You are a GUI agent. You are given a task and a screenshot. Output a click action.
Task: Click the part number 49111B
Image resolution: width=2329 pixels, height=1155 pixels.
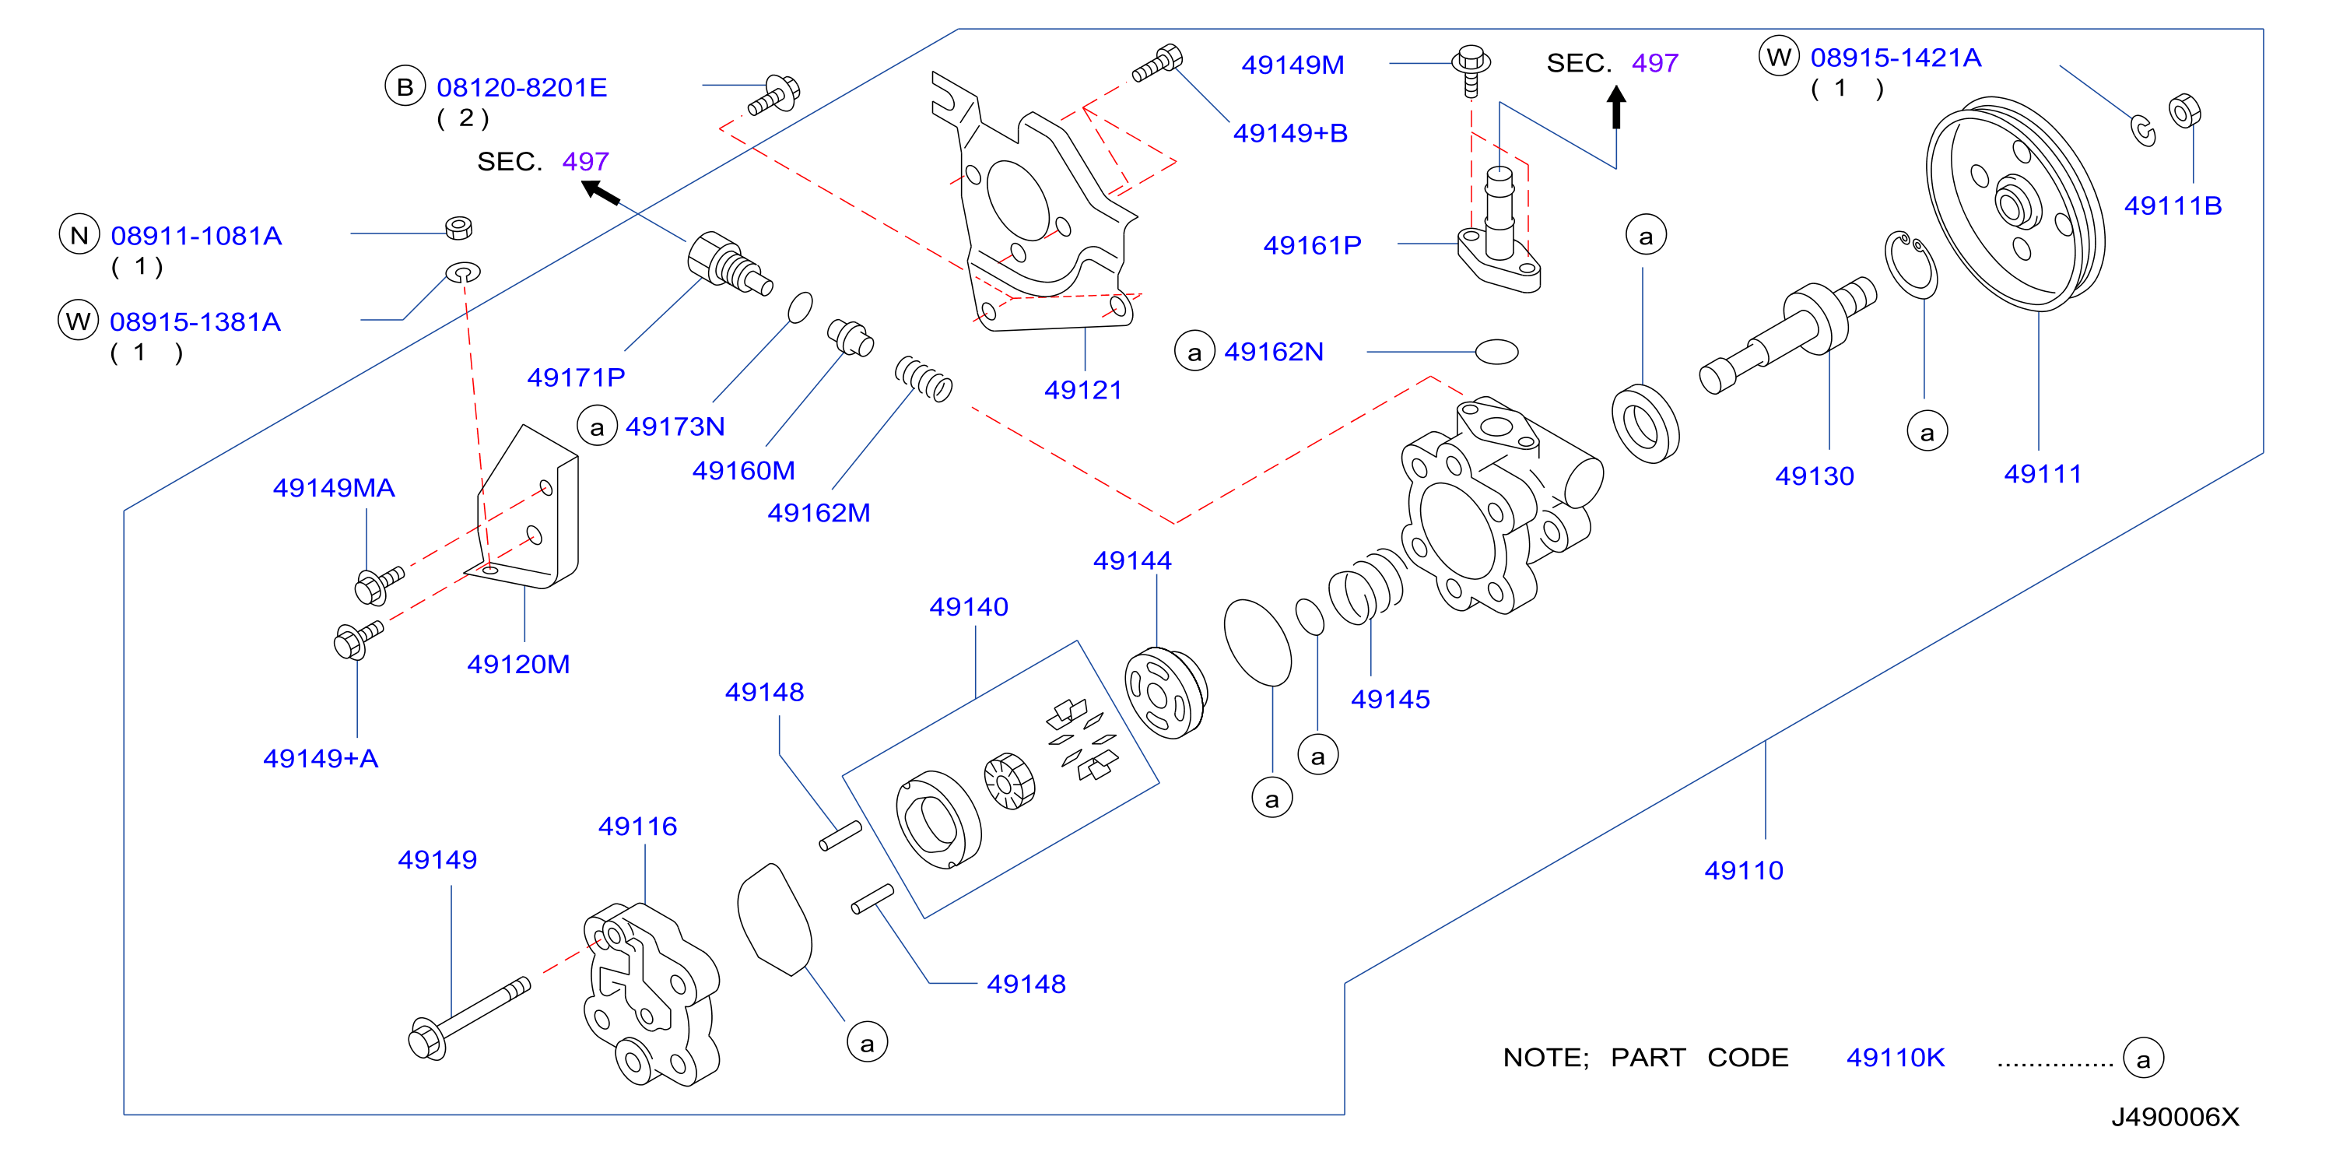(x=2173, y=205)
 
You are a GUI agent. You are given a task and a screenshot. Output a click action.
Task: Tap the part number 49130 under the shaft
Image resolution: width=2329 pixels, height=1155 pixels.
(x=1815, y=476)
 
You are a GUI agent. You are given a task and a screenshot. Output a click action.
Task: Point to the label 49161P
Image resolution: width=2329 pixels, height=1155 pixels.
(x=1312, y=245)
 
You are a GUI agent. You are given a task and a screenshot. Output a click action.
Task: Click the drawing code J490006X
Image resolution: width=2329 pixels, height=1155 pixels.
(x=2175, y=1117)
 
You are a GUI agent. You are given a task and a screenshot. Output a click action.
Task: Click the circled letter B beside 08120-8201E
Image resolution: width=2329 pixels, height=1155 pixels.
(x=405, y=87)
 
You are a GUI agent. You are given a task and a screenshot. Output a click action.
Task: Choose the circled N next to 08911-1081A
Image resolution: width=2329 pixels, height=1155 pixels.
(x=79, y=235)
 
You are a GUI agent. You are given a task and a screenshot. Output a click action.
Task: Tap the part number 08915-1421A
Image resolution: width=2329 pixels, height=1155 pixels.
(x=1896, y=58)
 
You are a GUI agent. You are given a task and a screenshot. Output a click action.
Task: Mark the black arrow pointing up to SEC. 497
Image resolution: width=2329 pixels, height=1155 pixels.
(x=1616, y=107)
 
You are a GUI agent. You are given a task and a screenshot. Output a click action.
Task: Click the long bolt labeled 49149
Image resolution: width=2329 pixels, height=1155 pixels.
(x=468, y=1019)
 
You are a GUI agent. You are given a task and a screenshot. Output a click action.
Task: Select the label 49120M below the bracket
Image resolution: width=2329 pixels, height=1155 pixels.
(x=518, y=664)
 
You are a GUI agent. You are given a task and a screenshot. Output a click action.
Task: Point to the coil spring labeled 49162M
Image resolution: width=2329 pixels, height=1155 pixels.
(x=923, y=378)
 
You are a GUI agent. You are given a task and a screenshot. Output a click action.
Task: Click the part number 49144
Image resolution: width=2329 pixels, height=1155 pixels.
(x=1132, y=561)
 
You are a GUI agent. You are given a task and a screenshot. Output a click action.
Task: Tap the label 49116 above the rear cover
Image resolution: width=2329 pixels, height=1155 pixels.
(x=637, y=826)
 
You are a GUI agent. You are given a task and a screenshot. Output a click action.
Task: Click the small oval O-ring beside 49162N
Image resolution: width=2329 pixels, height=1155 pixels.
(x=1496, y=351)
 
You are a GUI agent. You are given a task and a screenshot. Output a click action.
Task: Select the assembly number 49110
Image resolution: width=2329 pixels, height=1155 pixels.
(x=1744, y=870)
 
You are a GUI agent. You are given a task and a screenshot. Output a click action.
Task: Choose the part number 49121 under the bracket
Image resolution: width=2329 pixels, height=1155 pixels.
(x=1083, y=390)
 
